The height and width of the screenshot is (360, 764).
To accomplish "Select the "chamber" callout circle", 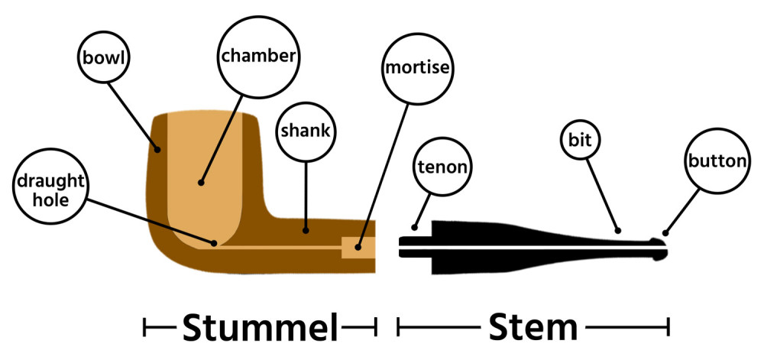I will click(257, 55).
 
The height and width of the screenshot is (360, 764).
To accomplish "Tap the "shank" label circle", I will click(306, 131).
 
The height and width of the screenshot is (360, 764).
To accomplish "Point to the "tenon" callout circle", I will click(442, 167).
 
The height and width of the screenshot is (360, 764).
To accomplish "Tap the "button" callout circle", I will click(716, 161).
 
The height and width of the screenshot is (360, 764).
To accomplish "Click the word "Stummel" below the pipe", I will click(260, 328).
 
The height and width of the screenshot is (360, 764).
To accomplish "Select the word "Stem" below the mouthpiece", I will click(533, 328).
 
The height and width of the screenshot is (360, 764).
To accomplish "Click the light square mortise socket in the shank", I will click(358, 248).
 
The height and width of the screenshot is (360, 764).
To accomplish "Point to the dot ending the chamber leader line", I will click(201, 182).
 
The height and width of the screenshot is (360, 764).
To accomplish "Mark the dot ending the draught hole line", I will click(215, 243).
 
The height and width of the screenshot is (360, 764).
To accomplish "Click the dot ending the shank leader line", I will click(306, 228).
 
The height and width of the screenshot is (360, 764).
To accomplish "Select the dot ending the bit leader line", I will click(618, 229).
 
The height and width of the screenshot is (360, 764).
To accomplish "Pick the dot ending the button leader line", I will click(665, 232).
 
